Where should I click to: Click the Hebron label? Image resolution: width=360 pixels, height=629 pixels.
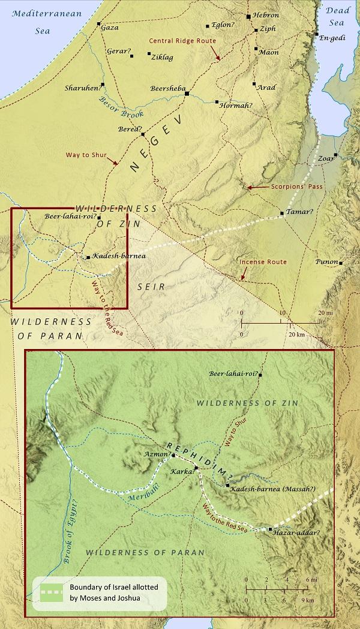click(x=266, y=14)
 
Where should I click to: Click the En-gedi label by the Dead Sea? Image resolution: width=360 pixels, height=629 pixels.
click(x=334, y=38)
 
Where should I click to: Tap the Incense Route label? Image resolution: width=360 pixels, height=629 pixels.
click(x=263, y=262)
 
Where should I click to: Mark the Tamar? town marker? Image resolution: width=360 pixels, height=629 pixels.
click(x=282, y=213)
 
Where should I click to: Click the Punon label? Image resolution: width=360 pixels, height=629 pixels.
click(x=328, y=262)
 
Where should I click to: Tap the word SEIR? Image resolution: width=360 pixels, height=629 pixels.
click(x=151, y=287)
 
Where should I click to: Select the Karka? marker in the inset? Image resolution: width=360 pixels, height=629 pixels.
click(x=196, y=468)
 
